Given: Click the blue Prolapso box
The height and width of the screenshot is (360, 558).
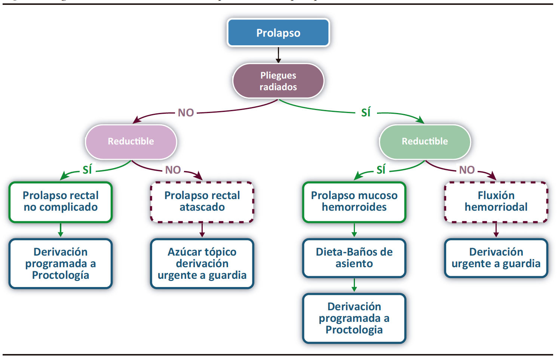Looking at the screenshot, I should click(x=278, y=33).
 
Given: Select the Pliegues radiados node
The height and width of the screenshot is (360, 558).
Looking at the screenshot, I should click(x=278, y=81).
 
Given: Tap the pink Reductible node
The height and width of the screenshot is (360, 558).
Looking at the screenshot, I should click(x=131, y=141).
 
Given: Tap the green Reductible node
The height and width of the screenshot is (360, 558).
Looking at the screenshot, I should click(x=425, y=141).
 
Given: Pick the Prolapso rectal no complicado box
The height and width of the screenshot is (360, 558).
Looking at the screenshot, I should click(x=61, y=202).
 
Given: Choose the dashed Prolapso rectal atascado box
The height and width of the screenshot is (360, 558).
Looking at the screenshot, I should click(x=202, y=202).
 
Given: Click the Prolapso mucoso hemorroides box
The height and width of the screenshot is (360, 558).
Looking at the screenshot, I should click(x=354, y=202).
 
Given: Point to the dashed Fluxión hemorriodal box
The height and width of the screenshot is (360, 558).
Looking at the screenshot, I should click(x=496, y=202).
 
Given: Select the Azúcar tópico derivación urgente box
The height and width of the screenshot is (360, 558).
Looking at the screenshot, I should click(x=202, y=263).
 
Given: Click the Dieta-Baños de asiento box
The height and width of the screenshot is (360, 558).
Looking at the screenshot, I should click(x=354, y=258).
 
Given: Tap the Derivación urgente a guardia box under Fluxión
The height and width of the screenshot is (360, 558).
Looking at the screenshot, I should click(x=496, y=258).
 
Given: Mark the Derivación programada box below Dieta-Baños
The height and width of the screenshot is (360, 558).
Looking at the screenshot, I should click(x=354, y=318).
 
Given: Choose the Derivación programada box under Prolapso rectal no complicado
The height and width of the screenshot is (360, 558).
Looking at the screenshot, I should click(x=61, y=263).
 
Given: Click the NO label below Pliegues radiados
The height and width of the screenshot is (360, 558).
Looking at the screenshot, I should click(x=186, y=113).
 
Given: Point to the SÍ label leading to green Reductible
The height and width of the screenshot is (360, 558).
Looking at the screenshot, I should click(x=366, y=113).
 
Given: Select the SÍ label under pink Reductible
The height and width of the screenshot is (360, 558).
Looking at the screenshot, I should click(x=87, y=170).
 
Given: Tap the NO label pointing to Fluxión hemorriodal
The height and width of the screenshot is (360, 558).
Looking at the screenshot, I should click(x=467, y=170).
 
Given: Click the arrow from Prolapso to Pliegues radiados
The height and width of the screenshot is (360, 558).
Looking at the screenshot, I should click(x=278, y=55).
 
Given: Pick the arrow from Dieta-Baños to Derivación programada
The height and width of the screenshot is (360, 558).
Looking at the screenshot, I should click(x=354, y=285).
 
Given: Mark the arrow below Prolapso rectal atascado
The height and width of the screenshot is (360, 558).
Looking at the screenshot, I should click(x=202, y=230).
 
